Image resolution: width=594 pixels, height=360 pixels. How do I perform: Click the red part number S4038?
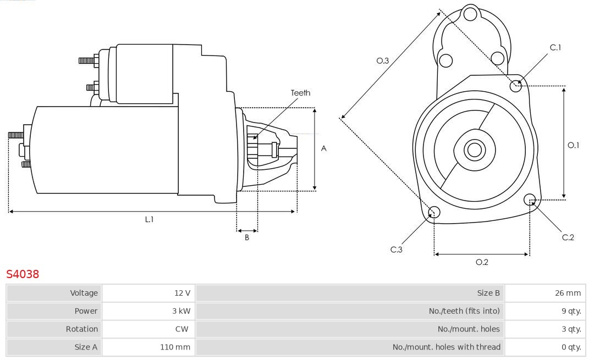click(23, 274)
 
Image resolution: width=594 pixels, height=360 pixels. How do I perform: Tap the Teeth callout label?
click(300, 93)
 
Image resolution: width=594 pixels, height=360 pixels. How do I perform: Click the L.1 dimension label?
click(149, 219)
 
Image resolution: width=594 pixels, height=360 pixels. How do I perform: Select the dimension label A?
click(324, 148)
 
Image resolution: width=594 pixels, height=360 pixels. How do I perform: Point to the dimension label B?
click(247, 238)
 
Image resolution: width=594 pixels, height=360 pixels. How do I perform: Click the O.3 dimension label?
click(383, 61)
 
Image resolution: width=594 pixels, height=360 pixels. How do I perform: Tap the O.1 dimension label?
click(574, 145)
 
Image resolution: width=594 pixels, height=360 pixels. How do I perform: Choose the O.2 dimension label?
click(482, 262)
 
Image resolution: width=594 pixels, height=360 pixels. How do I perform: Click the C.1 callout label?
click(555, 48)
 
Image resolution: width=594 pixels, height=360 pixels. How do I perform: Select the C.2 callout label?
click(568, 237)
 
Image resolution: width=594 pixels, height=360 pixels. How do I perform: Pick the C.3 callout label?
click(397, 250)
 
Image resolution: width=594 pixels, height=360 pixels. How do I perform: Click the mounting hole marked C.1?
click(516, 86)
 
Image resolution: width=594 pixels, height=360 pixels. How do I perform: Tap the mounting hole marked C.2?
click(530, 199)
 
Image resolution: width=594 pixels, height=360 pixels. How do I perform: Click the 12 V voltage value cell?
click(182, 293)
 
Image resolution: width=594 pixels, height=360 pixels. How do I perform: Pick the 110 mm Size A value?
click(175, 347)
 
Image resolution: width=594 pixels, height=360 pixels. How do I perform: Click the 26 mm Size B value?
click(568, 293)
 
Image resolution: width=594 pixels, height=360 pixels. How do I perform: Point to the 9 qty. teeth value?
click(570, 311)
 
